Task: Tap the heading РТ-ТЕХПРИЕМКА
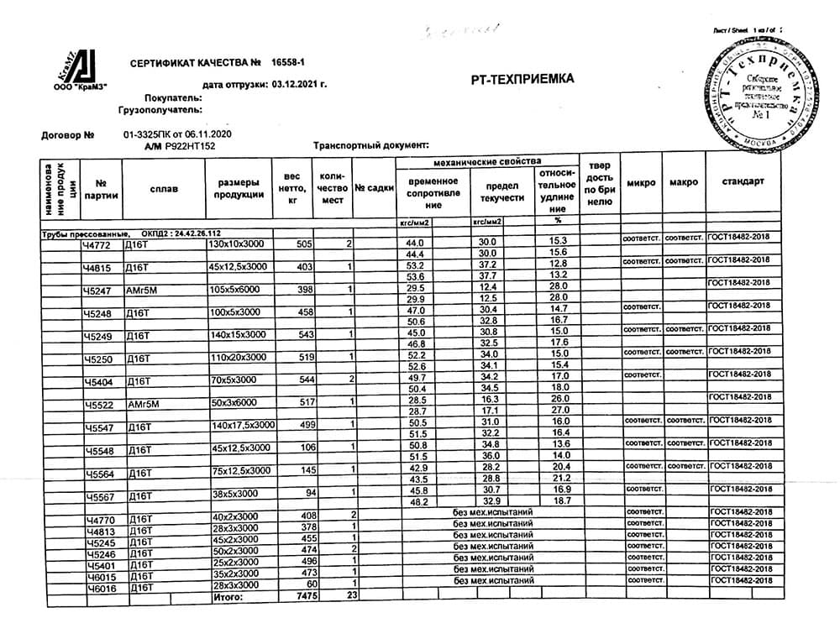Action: tap(524, 79)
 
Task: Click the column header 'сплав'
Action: tap(164, 189)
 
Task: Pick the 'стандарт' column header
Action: tap(743, 182)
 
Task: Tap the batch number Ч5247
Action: tap(97, 291)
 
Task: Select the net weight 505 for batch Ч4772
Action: tap(304, 244)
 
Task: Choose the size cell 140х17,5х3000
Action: tap(243, 425)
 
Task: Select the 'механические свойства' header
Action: tap(487, 160)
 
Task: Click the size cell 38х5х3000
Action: tap(236, 493)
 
